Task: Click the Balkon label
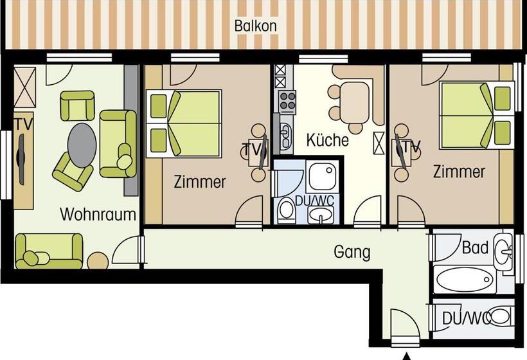click(255, 26)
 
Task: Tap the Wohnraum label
click(98, 214)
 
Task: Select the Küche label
click(327, 139)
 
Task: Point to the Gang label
click(352, 252)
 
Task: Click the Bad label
click(475, 248)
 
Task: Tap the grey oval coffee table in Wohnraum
click(83, 143)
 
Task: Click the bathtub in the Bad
click(465, 280)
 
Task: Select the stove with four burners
click(287, 102)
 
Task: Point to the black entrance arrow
click(406, 355)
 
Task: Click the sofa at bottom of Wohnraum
click(49, 251)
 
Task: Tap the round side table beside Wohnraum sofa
click(98, 260)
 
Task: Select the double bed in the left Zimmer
click(186, 122)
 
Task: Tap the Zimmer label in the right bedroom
click(458, 172)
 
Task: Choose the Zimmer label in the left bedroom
click(200, 182)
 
